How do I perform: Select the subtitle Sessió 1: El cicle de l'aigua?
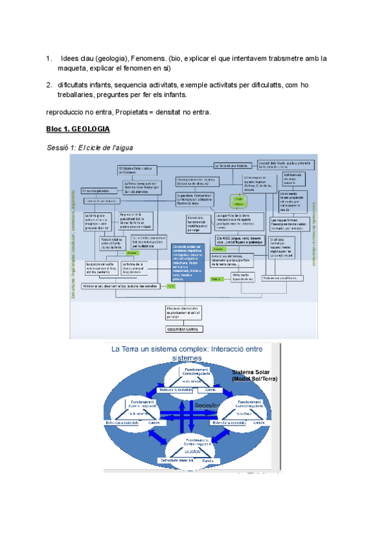[89, 148]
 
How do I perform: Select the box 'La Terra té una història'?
[233, 165]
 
